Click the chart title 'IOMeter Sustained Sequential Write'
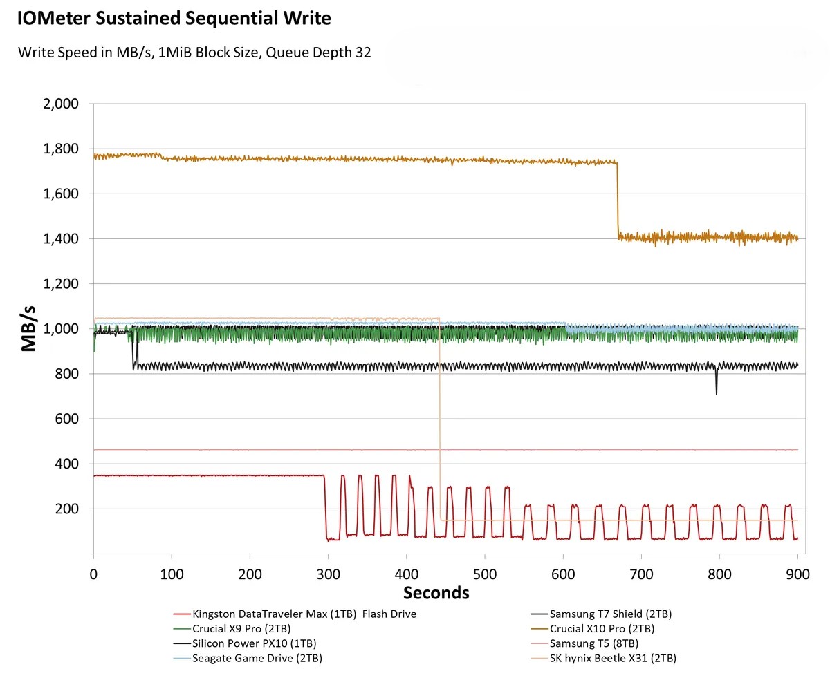(x=174, y=19)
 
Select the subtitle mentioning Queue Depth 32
(x=194, y=53)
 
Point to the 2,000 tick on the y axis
(x=61, y=104)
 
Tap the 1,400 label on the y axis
(x=61, y=239)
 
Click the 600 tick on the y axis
(x=66, y=419)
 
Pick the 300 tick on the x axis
(x=328, y=574)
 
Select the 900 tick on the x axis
(x=797, y=574)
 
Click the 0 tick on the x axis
(x=93, y=574)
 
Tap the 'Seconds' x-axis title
(x=436, y=593)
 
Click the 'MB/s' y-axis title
(x=28, y=329)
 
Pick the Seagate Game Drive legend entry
(x=257, y=658)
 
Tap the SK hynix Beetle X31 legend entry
(x=613, y=658)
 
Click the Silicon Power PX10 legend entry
(x=254, y=643)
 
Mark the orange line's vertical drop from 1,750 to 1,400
(x=618, y=200)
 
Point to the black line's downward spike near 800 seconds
(x=716, y=384)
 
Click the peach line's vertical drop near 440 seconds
(x=440, y=415)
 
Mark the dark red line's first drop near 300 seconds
(x=325, y=508)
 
